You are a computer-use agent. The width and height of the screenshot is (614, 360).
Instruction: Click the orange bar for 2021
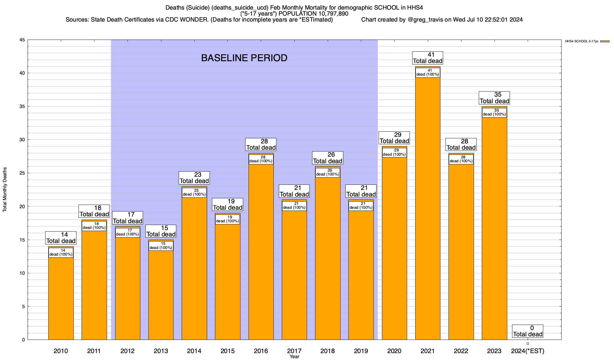[428, 210]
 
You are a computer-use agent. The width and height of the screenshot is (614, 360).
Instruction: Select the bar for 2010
[61, 297]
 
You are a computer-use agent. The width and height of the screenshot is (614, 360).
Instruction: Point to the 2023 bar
[494, 228]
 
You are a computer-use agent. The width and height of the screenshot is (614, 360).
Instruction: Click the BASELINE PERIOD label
[244, 58]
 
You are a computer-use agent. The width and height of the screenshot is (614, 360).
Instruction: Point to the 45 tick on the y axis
[22, 40]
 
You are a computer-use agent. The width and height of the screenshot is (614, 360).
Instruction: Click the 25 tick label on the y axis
[22, 173]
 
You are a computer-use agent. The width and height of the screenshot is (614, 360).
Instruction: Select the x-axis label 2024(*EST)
[528, 351]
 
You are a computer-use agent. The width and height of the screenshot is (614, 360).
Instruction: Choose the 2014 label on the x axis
[194, 351]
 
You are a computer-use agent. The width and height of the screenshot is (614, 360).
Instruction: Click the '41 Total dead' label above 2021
[428, 58]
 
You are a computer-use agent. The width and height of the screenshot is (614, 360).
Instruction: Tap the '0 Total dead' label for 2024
[528, 331]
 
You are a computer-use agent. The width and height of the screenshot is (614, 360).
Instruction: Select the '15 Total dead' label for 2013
[161, 231]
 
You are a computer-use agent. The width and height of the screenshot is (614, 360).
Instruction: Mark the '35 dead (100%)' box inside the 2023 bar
[494, 112]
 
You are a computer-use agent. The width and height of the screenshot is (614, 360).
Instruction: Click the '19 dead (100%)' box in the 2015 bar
[228, 219]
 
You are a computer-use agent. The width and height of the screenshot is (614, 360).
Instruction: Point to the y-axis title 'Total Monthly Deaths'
[5, 190]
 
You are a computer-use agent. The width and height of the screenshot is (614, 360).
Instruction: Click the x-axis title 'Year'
[294, 356]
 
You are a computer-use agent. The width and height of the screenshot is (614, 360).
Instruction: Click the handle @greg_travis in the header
[425, 20]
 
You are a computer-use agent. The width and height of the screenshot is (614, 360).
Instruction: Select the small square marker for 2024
[528, 343]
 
